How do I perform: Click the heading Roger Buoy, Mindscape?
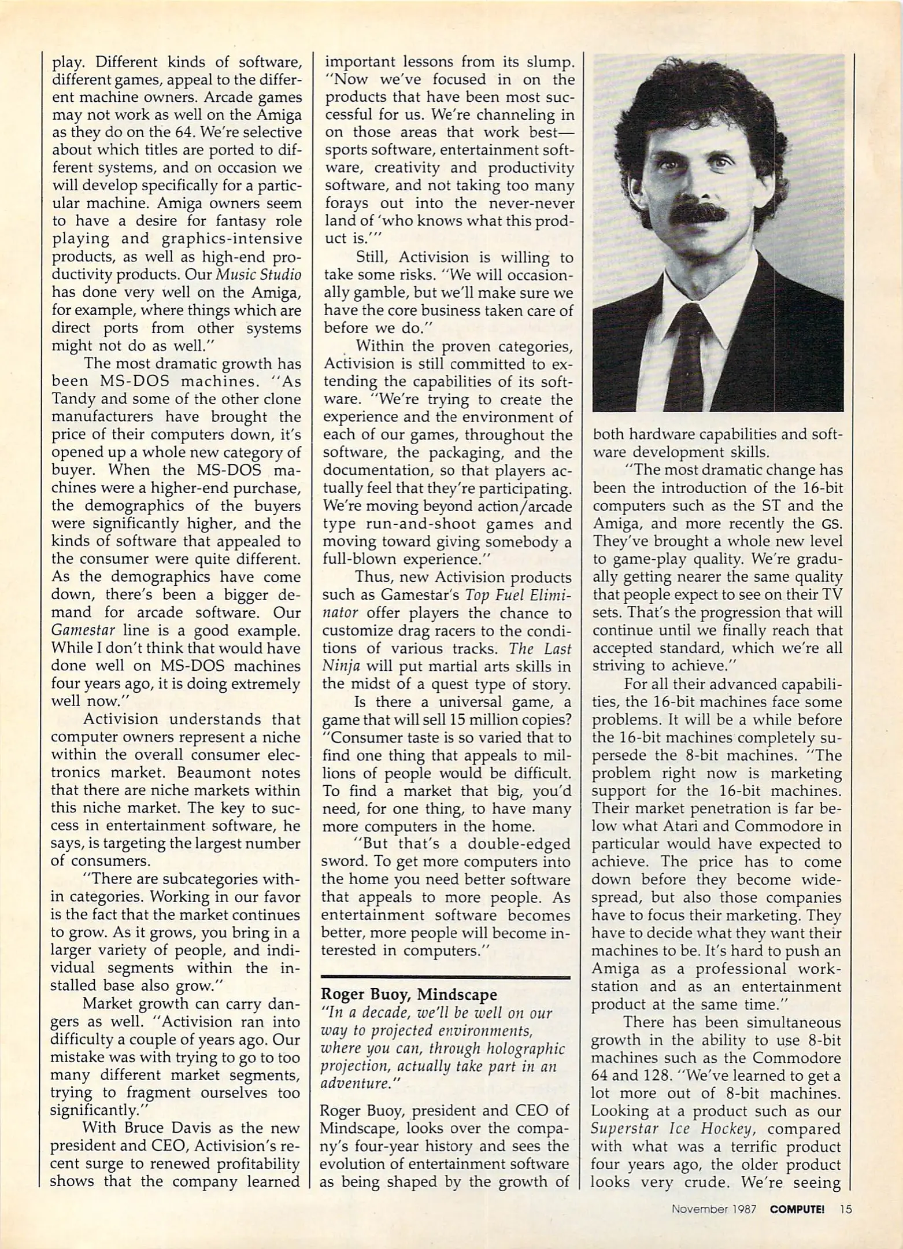pyautogui.click(x=409, y=994)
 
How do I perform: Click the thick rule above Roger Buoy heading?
pyautogui.click(x=445, y=977)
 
